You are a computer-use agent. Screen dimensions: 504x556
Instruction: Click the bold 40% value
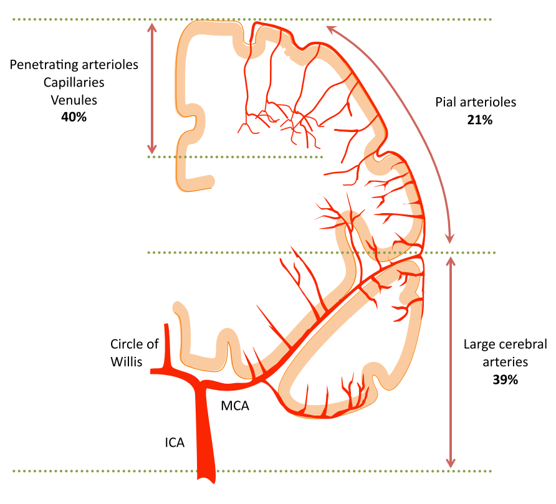point(74,116)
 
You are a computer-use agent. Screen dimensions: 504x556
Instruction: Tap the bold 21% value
point(479,120)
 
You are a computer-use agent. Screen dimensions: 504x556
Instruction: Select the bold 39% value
point(505,379)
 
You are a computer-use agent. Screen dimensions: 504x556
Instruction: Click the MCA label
point(236,407)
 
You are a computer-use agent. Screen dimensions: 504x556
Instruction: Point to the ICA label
point(175,443)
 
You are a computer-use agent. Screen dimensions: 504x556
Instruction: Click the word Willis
point(127,361)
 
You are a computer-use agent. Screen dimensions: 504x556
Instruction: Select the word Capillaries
point(74,82)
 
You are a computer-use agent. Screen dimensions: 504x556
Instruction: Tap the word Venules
point(74,99)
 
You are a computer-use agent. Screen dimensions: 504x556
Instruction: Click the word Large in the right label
point(479,345)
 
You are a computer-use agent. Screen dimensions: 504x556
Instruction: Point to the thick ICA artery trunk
point(205,436)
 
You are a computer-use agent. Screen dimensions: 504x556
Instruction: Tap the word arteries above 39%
point(505,361)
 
